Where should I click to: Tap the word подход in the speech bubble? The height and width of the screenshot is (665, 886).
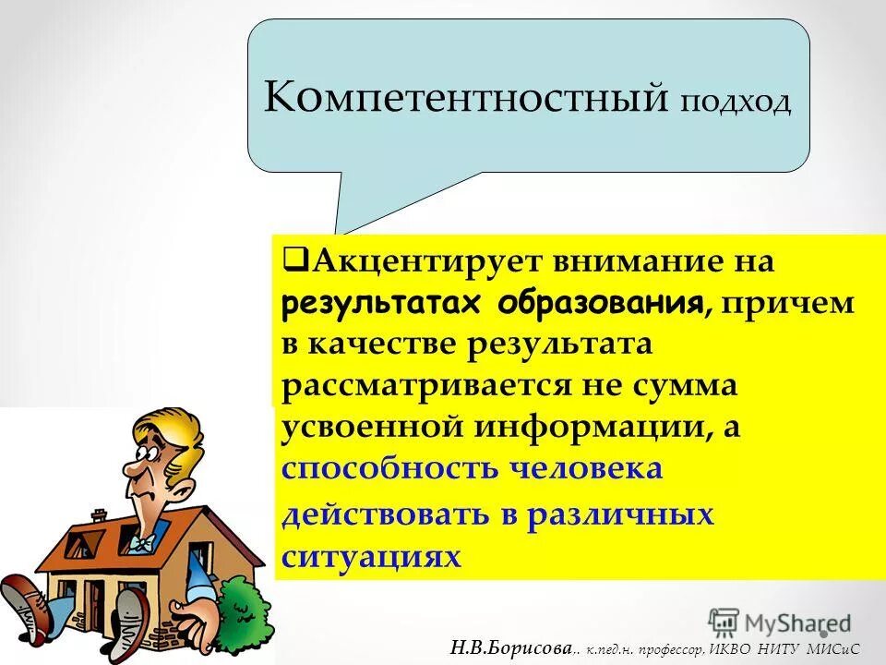point(736,102)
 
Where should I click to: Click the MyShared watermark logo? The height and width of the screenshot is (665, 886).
point(780,622)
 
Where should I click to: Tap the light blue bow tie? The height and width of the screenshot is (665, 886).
point(140,543)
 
